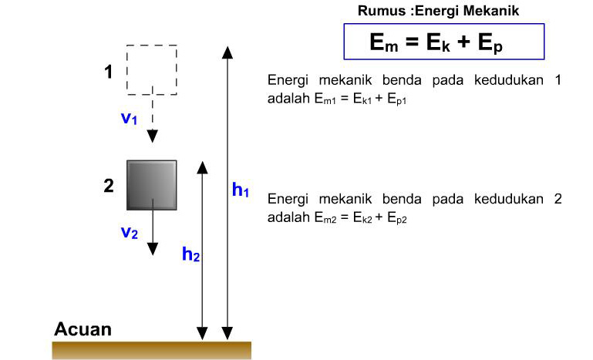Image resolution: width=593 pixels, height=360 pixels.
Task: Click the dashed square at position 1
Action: [x=152, y=70]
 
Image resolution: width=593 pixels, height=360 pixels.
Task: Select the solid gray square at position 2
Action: [x=152, y=185]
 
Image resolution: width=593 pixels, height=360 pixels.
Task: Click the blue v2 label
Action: [x=130, y=232]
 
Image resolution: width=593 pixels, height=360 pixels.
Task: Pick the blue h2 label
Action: [x=191, y=254]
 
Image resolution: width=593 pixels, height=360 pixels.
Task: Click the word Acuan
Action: [x=83, y=330]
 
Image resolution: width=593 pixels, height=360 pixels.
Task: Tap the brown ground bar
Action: [x=151, y=350]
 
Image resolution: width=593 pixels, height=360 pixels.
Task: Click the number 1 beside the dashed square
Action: [x=110, y=72]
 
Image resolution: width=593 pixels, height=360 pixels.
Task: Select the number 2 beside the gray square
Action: [x=110, y=185]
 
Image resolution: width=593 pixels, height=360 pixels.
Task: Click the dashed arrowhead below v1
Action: [x=153, y=136]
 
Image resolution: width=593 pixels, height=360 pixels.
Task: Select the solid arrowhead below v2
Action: [x=153, y=248]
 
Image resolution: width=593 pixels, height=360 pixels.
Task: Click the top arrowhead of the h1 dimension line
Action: [x=227, y=52]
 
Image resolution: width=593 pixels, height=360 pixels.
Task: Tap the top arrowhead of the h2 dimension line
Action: [x=202, y=167]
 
